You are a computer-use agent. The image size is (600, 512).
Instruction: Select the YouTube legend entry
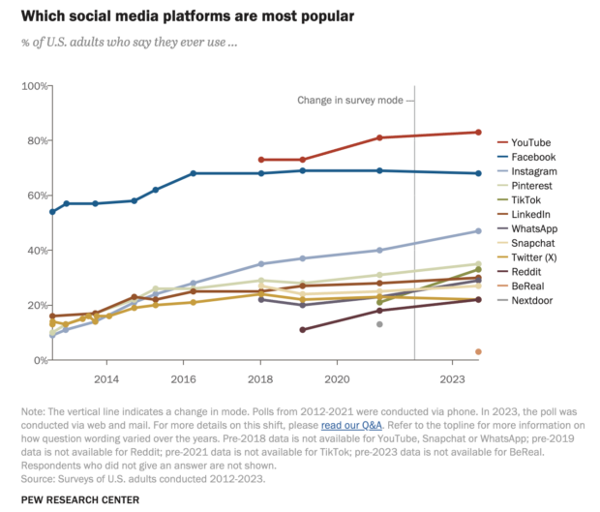click(x=527, y=142)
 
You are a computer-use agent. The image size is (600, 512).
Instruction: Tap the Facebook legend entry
click(x=529, y=157)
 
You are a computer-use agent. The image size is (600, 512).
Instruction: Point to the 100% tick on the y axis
click(x=34, y=86)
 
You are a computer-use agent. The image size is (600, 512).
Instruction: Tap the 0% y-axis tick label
click(x=40, y=360)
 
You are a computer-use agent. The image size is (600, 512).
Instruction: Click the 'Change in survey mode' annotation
click(x=353, y=100)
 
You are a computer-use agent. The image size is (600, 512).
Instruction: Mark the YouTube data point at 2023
click(x=478, y=133)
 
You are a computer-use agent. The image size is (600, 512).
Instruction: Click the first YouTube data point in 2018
click(x=261, y=160)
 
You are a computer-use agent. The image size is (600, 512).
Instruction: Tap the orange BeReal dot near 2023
click(x=478, y=351)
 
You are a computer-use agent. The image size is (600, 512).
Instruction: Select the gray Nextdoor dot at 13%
click(x=379, y=324)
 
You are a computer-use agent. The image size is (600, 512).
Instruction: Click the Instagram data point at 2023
click(x=478, y=230)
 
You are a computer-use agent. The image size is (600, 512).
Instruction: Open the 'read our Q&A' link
click(x=351, y=425)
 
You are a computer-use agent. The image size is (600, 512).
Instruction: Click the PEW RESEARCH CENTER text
click(x=79, y=499)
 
